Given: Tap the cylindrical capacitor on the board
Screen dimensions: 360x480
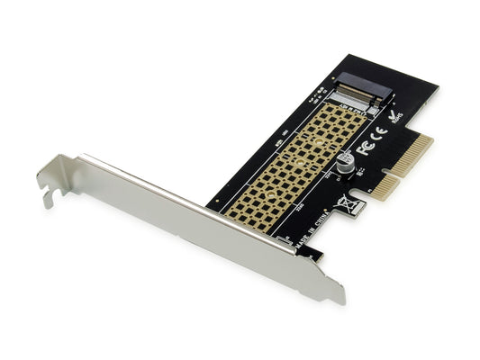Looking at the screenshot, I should pyautogui.click(x=345, y=162).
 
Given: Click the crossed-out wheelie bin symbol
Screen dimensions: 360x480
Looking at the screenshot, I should pyautogui.click(x=345, y=205).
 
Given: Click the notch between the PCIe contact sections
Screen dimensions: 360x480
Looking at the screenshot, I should pyautogui.click(x=394, y=173).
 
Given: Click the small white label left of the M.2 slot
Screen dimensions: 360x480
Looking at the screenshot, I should pyautogui.click(x=320, y=92).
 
